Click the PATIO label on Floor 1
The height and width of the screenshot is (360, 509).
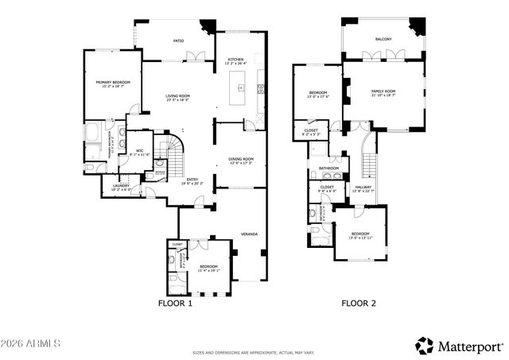[179, 39]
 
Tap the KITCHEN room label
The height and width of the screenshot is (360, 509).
[236, 61]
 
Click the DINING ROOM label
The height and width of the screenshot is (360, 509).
[240, 159]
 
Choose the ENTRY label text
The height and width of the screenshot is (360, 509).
[192, 180]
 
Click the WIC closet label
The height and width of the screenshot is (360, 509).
[139, 150]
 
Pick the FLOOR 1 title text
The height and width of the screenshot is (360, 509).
[175, 303]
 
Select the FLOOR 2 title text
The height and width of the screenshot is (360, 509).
[359, 303]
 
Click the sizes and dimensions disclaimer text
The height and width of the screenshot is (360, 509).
[254, 352]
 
